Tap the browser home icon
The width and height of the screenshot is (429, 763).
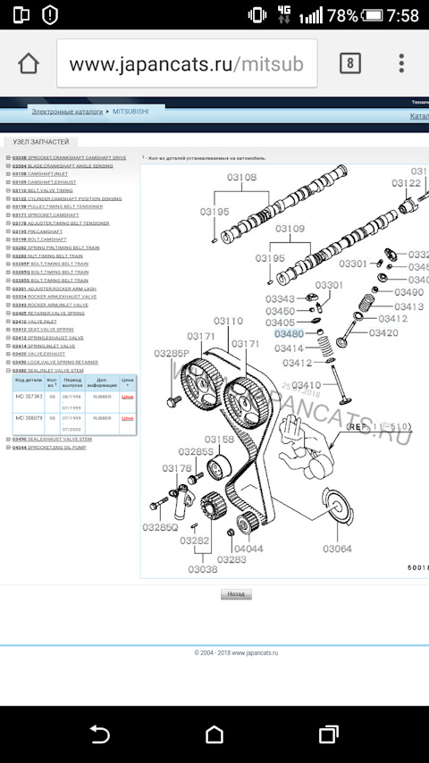coord(29,64)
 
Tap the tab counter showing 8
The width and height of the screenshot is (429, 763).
coord(349,63)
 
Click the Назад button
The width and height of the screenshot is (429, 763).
coord(236,593)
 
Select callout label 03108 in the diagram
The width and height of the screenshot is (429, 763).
coord(240,178)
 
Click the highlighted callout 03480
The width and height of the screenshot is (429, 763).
coord(289,334)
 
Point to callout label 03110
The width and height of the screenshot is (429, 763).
coord(228,321)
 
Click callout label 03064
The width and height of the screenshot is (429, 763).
coord(338,549)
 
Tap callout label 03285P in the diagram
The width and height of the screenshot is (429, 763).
coord(171,354)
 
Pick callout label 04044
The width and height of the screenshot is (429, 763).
coord(248,549)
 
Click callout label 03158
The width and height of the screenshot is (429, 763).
coord(219,439)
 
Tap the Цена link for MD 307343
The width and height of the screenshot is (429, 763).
coord(127,395)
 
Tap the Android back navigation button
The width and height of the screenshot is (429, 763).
coord(100,734)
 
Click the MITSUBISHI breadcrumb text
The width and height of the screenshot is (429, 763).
coord(130,111)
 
